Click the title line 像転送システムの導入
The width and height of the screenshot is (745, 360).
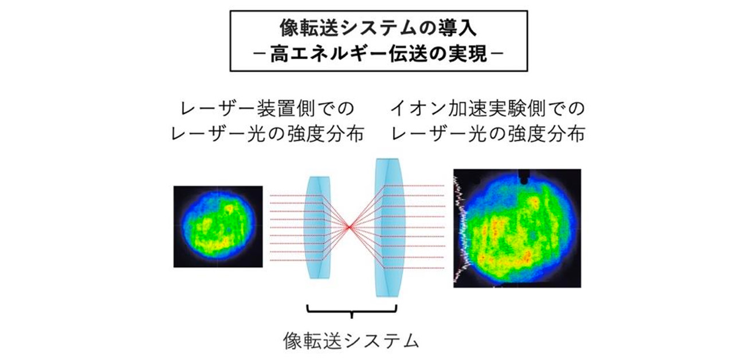pos(378,28)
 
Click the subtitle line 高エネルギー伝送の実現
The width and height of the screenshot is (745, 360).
pos(378,54)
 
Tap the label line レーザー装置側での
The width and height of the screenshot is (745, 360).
pos(266,109)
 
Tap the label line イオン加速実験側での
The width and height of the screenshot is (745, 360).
pos(488,109)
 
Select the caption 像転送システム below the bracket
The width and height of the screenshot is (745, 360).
pos(351,341)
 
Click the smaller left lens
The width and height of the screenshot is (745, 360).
pos(318,227)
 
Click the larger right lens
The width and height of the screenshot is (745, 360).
pos(389,227)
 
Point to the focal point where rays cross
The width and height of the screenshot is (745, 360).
pos(349,228)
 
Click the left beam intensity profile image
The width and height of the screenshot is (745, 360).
pos(218,226)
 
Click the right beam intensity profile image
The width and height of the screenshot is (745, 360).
pos(517,228)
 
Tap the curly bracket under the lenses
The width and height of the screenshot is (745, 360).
pos(351,311)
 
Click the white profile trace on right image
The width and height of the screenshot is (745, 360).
pos(462,229)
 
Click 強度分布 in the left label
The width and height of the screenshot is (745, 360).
pos(326,134)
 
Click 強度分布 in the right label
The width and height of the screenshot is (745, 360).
pos(547,134)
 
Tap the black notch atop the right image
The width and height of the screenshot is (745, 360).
pos(523,177)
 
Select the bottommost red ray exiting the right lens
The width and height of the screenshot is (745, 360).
pos(414,268)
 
